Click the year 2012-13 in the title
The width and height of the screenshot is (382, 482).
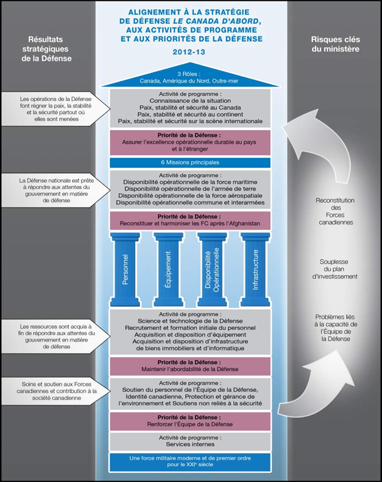(191, 52)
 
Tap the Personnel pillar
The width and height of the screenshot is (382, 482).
(126, 268)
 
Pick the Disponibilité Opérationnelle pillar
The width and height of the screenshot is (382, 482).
(212, 268)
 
